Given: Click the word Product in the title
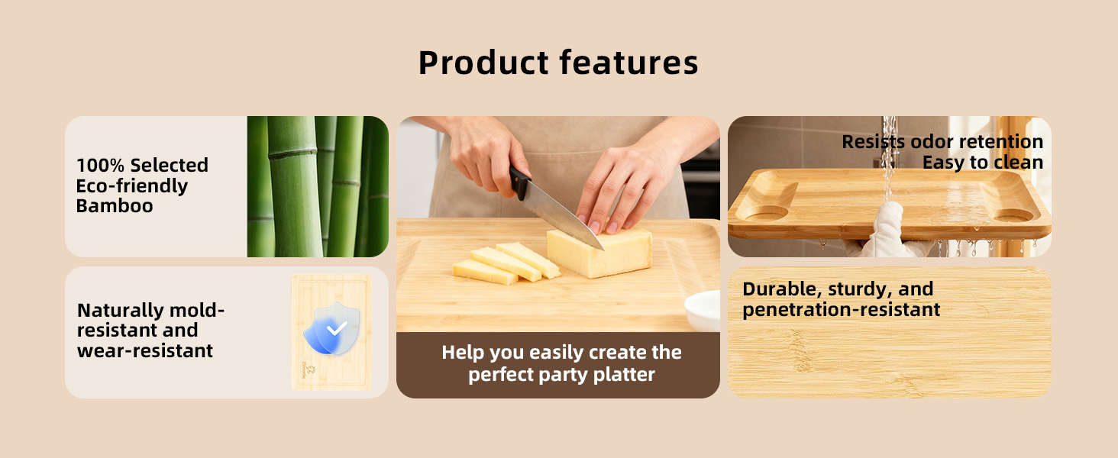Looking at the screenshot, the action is [483, 63].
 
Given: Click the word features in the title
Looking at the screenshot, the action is [629, 63].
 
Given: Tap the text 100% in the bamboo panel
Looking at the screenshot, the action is [100, 165].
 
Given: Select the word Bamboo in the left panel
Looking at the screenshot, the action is [115, 206].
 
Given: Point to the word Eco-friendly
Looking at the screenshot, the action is [132, 186].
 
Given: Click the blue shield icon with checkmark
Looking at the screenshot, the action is [331, 328].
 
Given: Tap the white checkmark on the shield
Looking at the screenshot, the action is [337, 328].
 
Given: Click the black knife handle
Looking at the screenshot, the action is [519, 182].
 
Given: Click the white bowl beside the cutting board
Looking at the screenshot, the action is [703, 311].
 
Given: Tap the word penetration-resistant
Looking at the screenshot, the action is [842, 311].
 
